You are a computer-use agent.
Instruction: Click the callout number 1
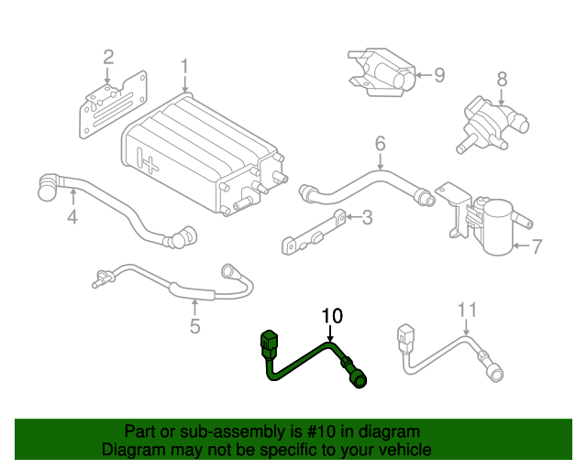(184, 67)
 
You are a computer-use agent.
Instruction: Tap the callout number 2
(108, 59)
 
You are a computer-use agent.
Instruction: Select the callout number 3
(367, 217)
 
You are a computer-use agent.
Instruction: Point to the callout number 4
(72, 217)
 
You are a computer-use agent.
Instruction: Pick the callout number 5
(194, 326)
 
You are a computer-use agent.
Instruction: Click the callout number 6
(380, 143)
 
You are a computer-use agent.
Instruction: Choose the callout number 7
(537, 245)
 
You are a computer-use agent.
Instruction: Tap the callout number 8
(502, 79)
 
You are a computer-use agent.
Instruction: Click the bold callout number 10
(331, 316)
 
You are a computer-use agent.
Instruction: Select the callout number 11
(468, 310)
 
